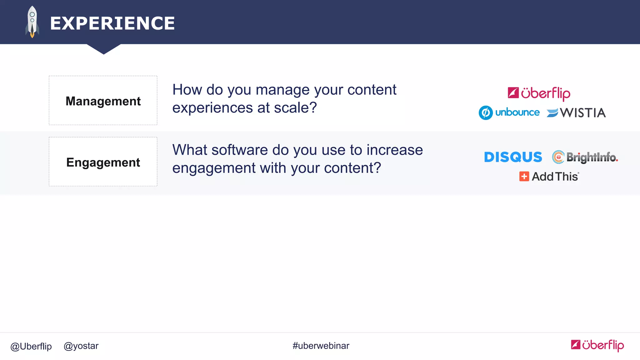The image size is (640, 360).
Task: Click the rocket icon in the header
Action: [32, 22]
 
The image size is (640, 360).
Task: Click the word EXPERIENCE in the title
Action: [112, 23]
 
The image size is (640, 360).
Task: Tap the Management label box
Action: [103, 101]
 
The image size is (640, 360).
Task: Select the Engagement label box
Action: [103, 162]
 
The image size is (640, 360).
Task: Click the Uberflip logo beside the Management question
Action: [539, 93]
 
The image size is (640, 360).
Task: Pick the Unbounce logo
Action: [509, 112]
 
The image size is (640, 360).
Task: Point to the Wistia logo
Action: [576, 113]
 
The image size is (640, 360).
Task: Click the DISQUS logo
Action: [513, 157]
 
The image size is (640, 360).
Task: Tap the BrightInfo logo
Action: [585, 157]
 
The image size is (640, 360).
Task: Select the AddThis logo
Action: [549, 177]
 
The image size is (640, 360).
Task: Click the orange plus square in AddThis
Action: [524, 177]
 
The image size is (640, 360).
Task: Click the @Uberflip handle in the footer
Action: [31, 346]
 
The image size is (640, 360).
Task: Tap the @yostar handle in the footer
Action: [81, 346]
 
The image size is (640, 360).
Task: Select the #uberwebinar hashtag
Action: [321, 346]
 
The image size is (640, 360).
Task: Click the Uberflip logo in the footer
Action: [597, 345]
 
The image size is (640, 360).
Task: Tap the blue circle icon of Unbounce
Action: [486, 113]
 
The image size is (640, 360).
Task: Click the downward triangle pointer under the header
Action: [104, 49]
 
